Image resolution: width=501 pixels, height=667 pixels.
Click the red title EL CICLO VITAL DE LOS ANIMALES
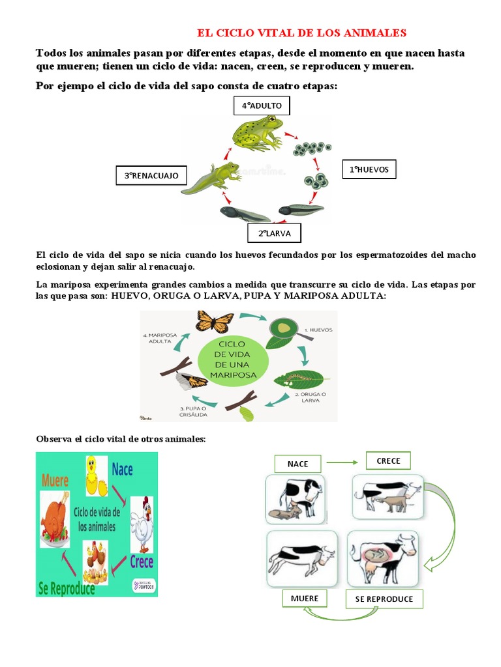coord(302,33)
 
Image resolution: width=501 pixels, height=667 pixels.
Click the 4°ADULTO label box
coord(261,106)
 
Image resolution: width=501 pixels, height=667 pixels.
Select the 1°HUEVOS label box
coord(369,169)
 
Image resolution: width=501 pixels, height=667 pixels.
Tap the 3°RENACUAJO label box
coord(151,175)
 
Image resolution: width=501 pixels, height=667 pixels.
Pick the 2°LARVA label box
coord(274,233)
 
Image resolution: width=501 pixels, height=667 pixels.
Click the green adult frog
coord(258,132)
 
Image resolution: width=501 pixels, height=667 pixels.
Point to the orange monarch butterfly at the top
coord(215,320)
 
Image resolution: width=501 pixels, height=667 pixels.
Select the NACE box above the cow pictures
coord(297,464)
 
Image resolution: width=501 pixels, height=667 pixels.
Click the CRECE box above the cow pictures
coord(389,461)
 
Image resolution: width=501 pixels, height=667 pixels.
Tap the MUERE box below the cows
coord(305,598)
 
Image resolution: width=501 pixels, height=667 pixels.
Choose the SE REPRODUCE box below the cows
coord(384,599)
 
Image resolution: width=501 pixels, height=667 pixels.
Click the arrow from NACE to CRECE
coord(343,462)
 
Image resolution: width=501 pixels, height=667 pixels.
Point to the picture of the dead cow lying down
coord(301,558)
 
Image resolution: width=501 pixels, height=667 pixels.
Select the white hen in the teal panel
coord(142,517)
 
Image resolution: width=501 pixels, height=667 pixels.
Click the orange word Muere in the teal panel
coord(55,481)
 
